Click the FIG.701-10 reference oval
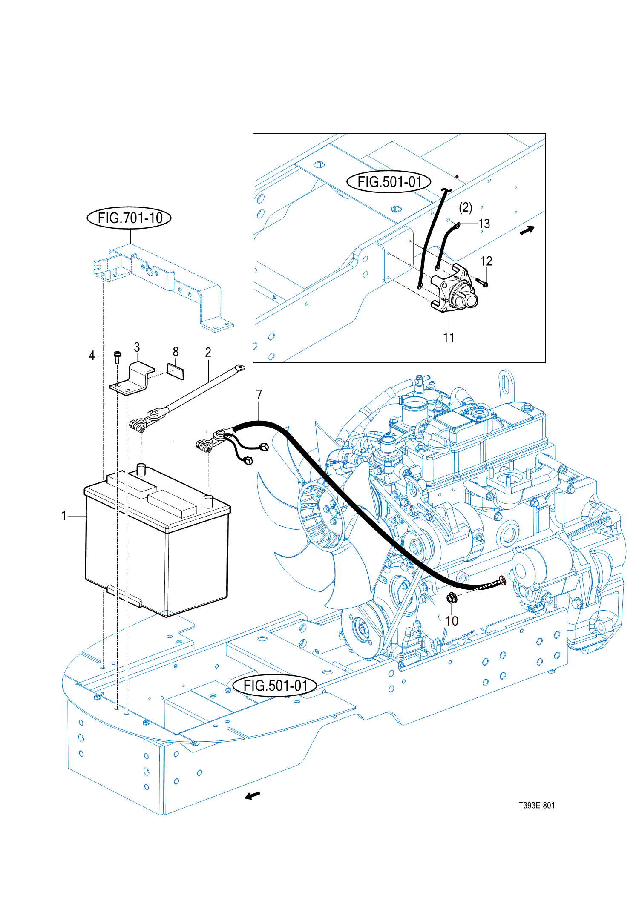[x=129, y=218]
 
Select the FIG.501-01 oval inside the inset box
[x=389, y=182]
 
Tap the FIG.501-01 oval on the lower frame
[x=275, y=686]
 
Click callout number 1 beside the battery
[x=64, y=516]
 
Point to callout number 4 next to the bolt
[x=92, y=356]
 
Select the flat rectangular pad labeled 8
[x=176, y=371]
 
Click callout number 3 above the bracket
[x=137, y=347]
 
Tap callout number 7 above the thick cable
[x=259, y=395]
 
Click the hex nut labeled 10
[x=452, y=598]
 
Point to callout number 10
[x=452, y=621]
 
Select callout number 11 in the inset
[x=449, y=337]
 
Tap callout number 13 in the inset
[x=484, y=224]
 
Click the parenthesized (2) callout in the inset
[x=466, y=207]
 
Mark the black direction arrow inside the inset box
[x=527, y=230]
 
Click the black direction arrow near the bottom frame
[x=253, y=795]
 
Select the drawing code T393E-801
[x=536, y=805]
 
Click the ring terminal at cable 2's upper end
[x=240, y=368]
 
